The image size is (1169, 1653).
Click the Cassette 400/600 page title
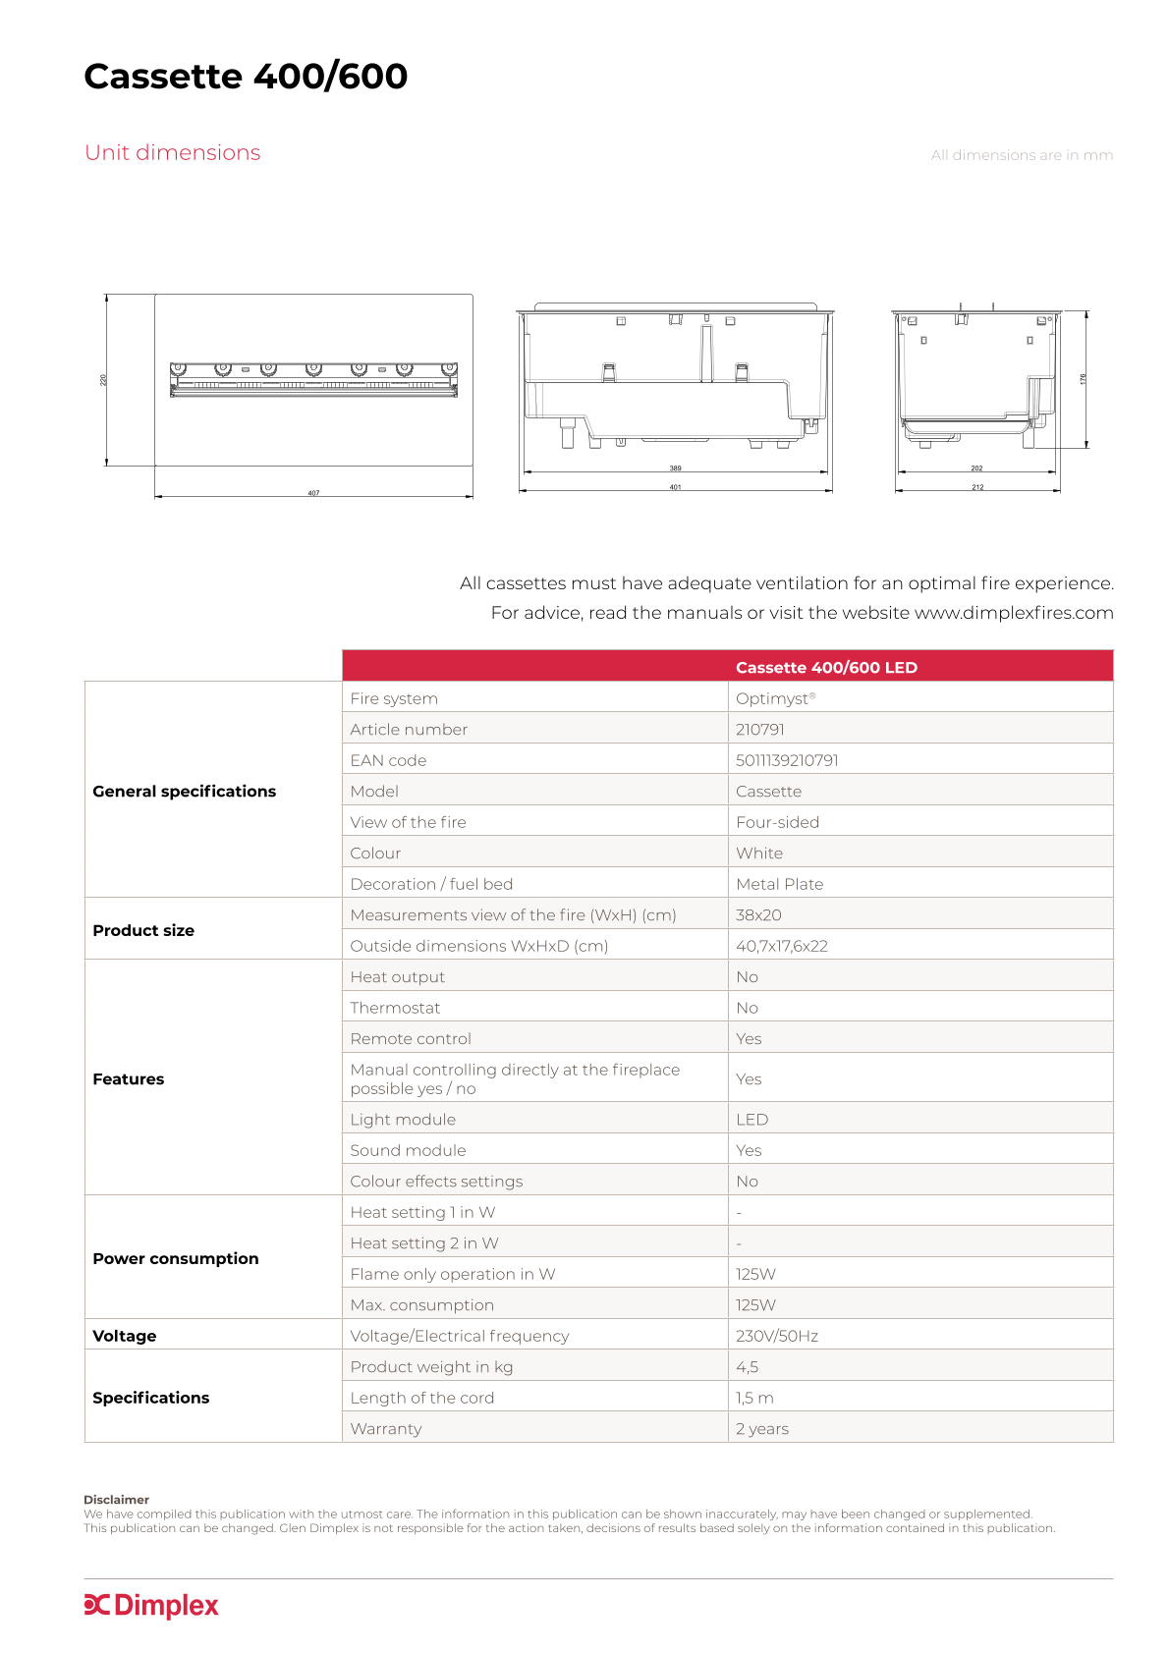(x=246, y=77)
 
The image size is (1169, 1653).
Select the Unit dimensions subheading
(x=172, y=153)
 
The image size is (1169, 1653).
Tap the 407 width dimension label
(x=313, y=493)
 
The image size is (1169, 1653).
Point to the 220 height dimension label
(x=103, y=380)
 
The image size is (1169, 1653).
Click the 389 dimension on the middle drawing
(x=675, y=468)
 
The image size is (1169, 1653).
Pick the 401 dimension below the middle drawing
(x=675, y=487)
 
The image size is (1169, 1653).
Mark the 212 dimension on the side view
(x=977, y=487)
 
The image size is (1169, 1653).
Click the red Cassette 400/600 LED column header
(x=826, y=668)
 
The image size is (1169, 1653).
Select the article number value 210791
(x=760, y=730)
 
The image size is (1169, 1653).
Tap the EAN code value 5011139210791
(x=787, y=760)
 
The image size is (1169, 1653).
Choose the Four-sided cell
(x=777, y=822)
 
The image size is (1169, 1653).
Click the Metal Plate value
(x=779, y=884)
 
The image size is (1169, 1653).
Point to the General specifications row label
(x=184, y=792)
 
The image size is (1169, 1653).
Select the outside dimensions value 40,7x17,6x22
(x=782, y=946)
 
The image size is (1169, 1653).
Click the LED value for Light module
(x=751, y=1120)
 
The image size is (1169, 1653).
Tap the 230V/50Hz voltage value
(x=776, y=1336)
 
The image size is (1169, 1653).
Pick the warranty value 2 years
(x=761, y=1429)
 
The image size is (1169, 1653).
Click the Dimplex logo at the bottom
(x=151, y=1605)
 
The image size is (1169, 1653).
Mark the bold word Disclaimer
(x=116, y=1500)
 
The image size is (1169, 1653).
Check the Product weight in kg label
(x=431, y=1367)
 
